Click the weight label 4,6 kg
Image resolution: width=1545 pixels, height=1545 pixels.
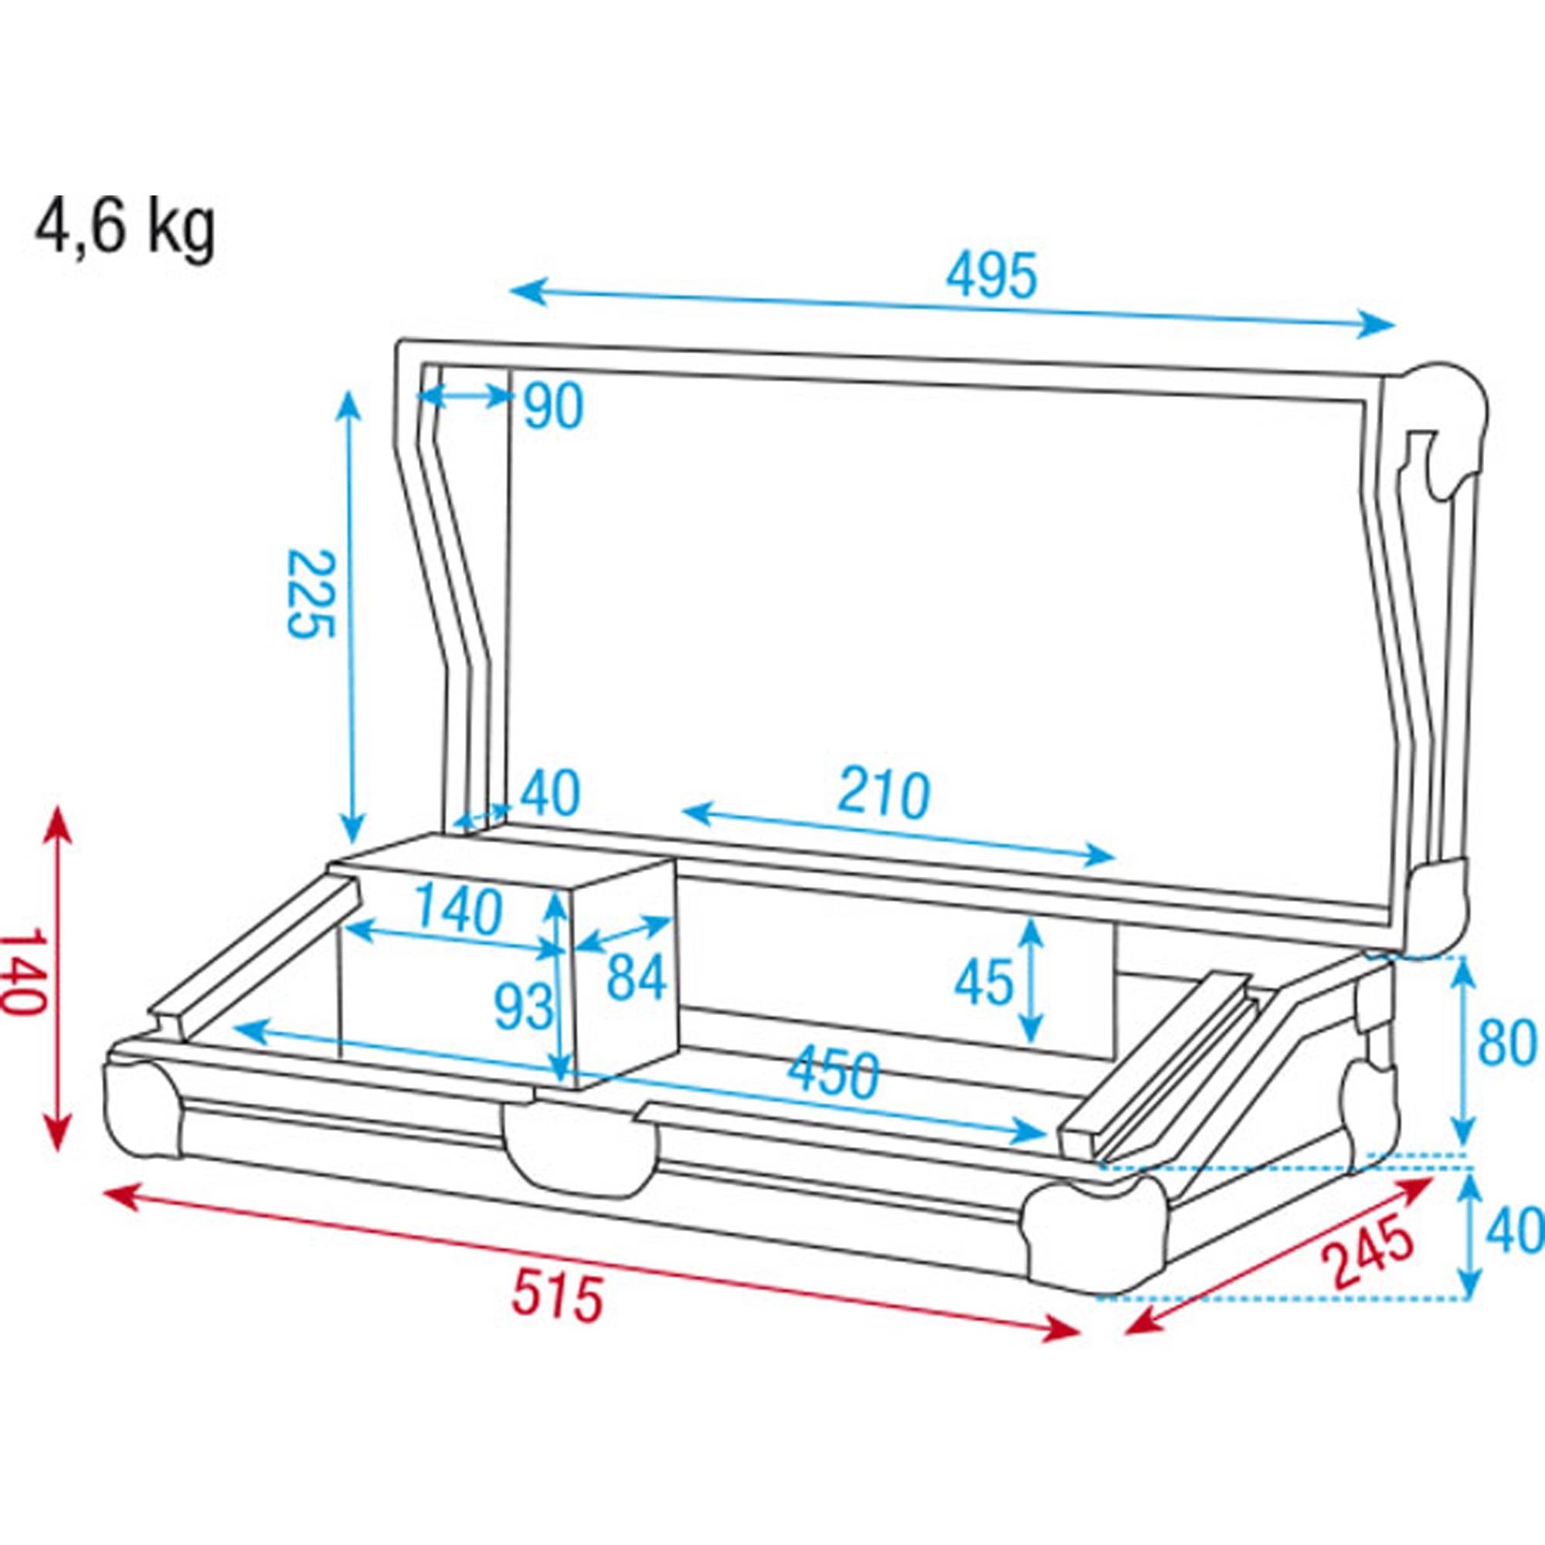pos(124,228)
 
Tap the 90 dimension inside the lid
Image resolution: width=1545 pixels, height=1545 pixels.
pos(553,407)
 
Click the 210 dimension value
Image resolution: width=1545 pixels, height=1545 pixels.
pos(884,794)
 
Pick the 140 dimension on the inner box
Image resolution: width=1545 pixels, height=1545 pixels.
pos(458,912)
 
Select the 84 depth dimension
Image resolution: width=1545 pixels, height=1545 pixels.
pos(636,978)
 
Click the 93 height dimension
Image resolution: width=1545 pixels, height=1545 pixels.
pos(523,1007)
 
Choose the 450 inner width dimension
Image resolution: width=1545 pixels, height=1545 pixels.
pos(833,1073)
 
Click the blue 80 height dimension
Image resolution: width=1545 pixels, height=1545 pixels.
pos(1506,1044)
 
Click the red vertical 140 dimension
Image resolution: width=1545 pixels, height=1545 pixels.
pos(22,971)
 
